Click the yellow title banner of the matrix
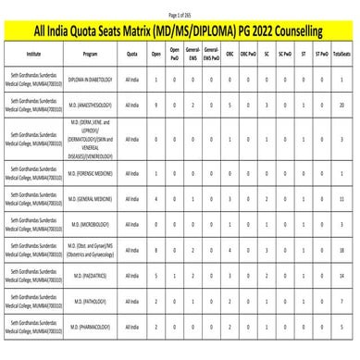[180, 32]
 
